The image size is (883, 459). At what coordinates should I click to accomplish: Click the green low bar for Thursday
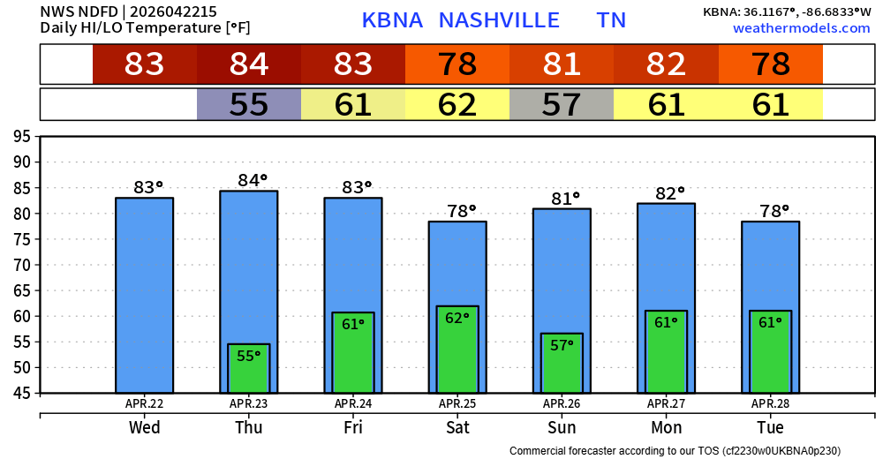[248, 369]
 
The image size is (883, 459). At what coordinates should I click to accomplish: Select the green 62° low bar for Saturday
[457, 350]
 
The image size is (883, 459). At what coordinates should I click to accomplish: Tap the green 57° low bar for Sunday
[562, 363]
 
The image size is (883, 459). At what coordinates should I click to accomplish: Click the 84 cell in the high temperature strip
[249, 64]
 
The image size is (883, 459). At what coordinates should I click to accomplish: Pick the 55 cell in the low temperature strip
[249, 105]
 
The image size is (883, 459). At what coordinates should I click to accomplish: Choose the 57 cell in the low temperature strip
[562, 105]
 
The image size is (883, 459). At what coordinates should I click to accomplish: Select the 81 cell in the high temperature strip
[562, 64]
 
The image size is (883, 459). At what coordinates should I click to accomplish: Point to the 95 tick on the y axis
[21, 137]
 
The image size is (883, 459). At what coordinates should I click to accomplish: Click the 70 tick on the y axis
[21, 265]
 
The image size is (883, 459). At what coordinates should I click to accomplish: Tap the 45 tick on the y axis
[21, 394]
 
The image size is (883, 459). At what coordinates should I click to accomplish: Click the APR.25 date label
[457, 404]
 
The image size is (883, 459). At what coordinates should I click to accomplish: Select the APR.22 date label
[144, 404]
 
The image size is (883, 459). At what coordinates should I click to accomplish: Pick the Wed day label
[144, 428]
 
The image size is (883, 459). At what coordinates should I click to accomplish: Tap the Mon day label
[666, 428]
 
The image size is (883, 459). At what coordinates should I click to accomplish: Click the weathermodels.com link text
[801, 29]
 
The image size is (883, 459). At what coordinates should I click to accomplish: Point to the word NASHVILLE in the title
[499, 20]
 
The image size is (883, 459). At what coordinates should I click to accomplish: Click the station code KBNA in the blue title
[392, 20]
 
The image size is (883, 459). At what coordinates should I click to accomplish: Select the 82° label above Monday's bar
[669, 193]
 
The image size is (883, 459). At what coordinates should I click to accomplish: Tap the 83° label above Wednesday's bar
[147, 187]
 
